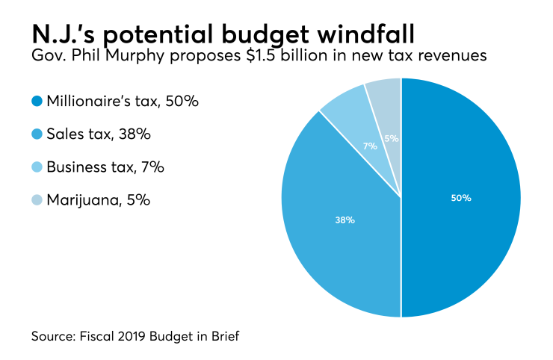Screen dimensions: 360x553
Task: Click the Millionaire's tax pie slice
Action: (463, 224)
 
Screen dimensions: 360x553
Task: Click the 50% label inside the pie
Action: (461, 198)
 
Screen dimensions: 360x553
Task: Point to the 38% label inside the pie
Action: (345, 220)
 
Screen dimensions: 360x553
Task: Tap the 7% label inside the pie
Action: (370, 146)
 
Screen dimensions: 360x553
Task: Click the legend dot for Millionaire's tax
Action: (37, 102)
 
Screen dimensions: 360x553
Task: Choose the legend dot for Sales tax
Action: (37, 134)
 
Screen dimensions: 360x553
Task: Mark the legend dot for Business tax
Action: (37, 167)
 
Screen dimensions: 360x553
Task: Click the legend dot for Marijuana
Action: (37, 200)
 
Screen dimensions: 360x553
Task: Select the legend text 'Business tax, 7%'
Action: (105, 167)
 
